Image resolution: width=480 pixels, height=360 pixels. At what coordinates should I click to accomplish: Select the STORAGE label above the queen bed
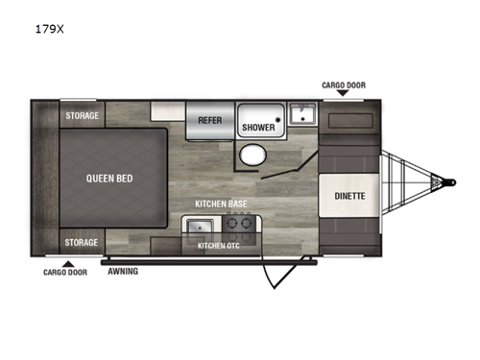[x=83, y=116]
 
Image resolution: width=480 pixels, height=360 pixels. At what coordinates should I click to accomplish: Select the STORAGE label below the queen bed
[x=83, y=242]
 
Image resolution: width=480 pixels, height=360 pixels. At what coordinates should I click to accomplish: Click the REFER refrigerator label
[x=210, y=121]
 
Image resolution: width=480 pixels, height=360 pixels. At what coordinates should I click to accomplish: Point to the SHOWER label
[x=258, y=127]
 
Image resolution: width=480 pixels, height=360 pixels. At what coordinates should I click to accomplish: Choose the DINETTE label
[x=348, y=195]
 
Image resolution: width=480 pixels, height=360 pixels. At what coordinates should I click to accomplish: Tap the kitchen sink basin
[x=201, y=228]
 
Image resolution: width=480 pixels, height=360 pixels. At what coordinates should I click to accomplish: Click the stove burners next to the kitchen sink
[x=239, y=228]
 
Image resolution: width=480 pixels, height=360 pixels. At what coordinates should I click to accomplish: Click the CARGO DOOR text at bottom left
[x=66, y=272]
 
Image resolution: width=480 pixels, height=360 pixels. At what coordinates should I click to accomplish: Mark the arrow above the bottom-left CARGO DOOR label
[x=66, y=261]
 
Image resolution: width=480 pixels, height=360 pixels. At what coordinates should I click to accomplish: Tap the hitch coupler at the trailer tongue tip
[x=444, y=180]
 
